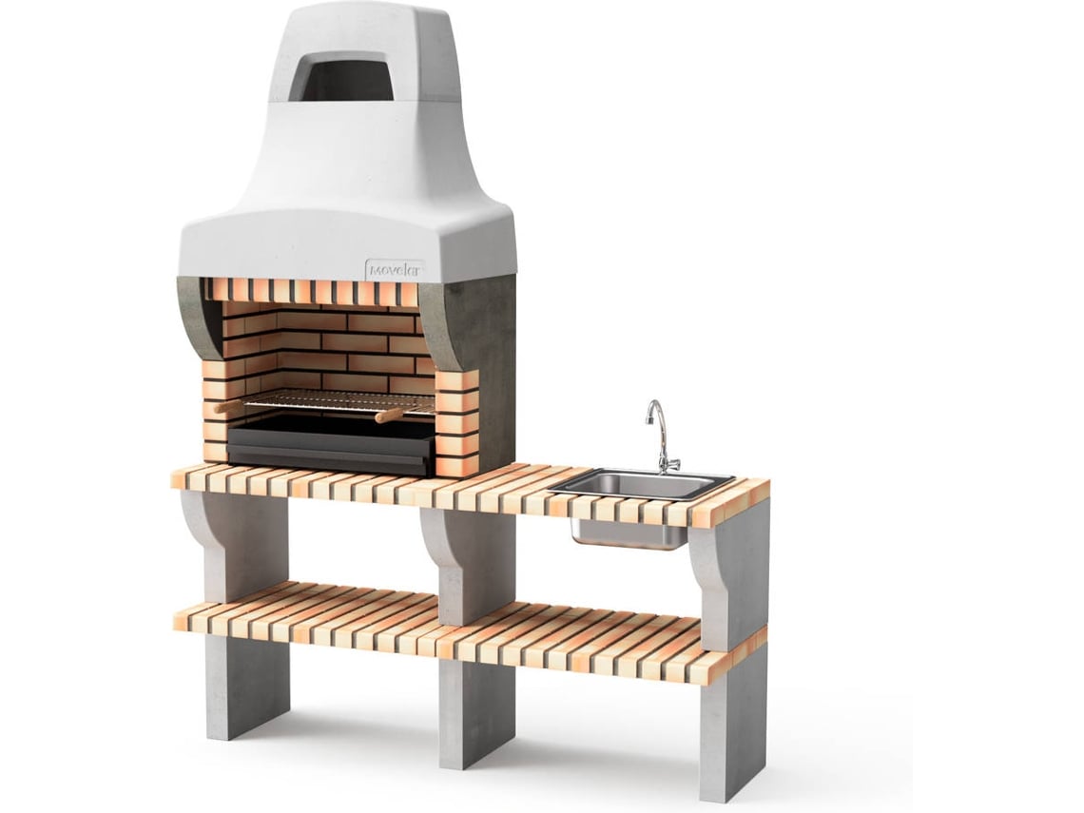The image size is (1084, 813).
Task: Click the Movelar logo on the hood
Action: [395, 269]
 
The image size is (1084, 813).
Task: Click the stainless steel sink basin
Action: [642, 483]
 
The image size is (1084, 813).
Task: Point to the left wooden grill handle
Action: [228, 407]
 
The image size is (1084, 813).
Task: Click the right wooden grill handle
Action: [389, 416]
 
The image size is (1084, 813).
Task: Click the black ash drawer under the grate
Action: [332, 449]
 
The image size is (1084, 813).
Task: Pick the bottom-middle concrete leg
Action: [476, 704]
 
